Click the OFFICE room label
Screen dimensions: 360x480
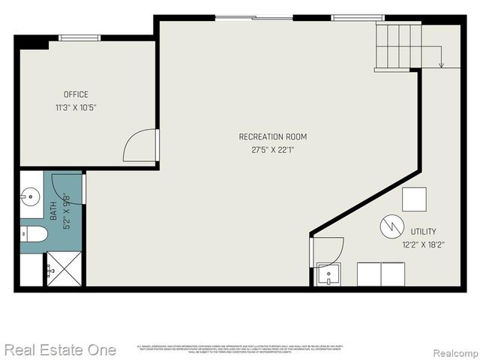coord(76,94)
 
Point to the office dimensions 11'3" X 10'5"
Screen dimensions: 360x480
coord(76,107)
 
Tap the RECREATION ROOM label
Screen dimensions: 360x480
coord(273,136)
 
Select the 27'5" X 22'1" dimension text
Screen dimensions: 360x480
coord(273,149)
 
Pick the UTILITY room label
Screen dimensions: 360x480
coord(423,232)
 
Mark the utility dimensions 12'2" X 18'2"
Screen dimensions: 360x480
coord(423,244)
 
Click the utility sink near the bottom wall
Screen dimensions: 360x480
coord(327,274)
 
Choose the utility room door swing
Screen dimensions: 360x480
coord(328,249)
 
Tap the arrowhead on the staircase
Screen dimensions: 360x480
coord(441,65)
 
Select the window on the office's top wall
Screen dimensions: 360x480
coord(79,37)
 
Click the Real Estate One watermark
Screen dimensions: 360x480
coord(60,349)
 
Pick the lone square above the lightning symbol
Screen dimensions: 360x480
coord(414,199)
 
